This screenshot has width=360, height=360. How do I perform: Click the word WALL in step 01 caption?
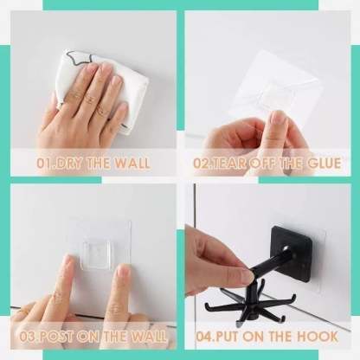132,164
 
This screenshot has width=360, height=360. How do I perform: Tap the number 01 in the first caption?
44,164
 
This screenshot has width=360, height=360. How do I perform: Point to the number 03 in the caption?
28,337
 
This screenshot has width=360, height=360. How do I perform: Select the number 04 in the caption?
204,337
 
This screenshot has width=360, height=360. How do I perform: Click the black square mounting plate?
292,254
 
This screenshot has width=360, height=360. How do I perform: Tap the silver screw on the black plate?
286,248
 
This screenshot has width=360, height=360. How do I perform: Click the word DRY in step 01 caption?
68,164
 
